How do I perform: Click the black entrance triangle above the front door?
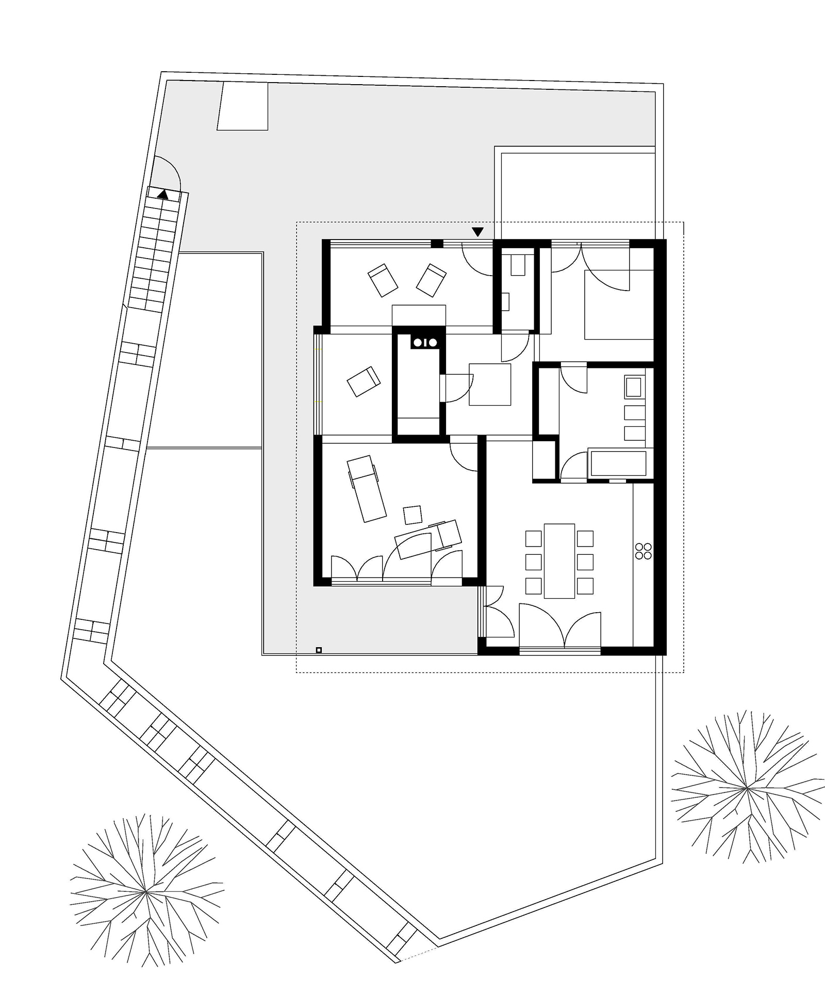[x=478, y=232]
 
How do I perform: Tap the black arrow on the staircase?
[x=163, y=195]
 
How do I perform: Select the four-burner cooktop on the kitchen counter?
[x=643, y=551]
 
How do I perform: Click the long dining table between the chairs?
[x=559, y=561]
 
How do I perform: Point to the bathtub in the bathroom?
[x=618, y=463]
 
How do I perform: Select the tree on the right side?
[x=747, y=789]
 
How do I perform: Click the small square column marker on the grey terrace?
[x=319, y=650]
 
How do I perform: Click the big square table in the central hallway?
[x=489, y=384]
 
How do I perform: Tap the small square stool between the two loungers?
[x=412, y=515]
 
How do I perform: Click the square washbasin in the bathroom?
[x=634, y=387]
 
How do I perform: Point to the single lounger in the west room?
[x=364, y=381]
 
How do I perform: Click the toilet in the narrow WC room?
[x=517, y=265]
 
